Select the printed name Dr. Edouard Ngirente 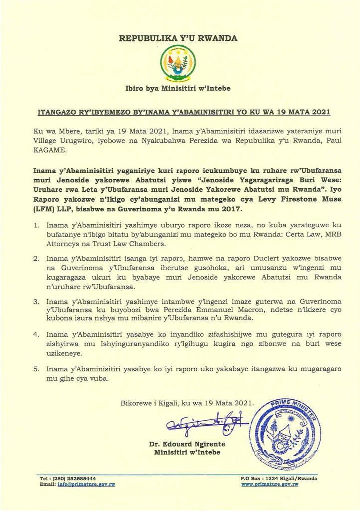pos(187,444)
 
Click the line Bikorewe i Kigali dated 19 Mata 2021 pos(186,402)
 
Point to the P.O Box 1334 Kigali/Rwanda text pos(278,478)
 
